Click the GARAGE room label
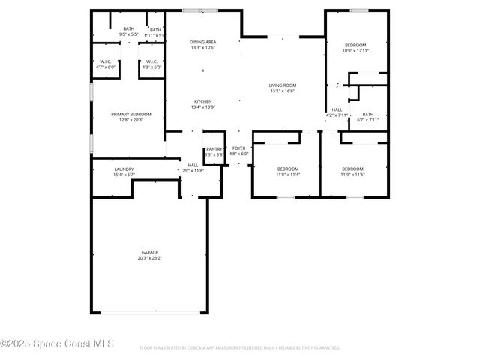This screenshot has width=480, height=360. click(150, 252)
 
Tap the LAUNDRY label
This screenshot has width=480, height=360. click(124, 169)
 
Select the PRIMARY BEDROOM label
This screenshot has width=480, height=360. click(126, 114)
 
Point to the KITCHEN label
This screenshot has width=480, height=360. click(202, 101)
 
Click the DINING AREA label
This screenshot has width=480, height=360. click(202, 42)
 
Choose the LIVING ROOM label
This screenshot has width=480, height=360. click(283, 85)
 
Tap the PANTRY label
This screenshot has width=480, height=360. click(214, 149)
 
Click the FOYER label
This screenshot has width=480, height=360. click(238, 148)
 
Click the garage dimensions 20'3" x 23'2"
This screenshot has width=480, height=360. click(150, 258)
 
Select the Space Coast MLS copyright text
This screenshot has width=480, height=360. click(57, 343)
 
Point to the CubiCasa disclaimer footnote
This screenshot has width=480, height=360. click(240, 348)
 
